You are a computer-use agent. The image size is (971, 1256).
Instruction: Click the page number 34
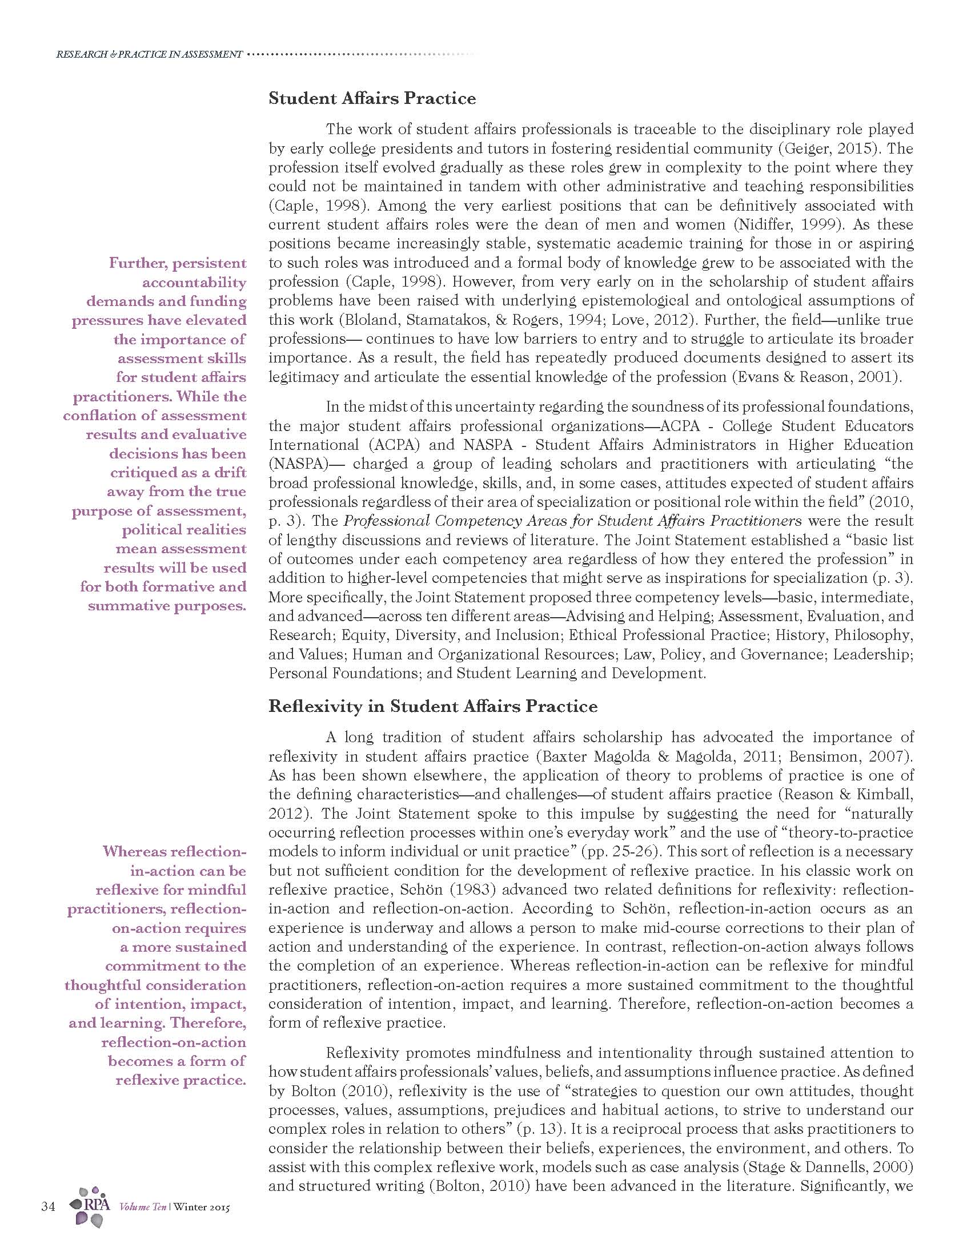point(48,1206)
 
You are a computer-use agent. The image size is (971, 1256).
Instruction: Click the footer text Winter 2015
point(200,1207)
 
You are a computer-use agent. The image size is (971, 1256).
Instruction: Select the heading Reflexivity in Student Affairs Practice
point(432,706)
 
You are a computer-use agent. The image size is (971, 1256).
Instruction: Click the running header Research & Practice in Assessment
point(149,55)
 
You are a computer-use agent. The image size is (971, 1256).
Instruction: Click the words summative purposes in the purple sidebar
point(167,606)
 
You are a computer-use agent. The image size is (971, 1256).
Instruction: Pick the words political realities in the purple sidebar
point(183,530)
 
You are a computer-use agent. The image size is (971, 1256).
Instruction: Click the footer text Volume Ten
point(142,1207)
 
